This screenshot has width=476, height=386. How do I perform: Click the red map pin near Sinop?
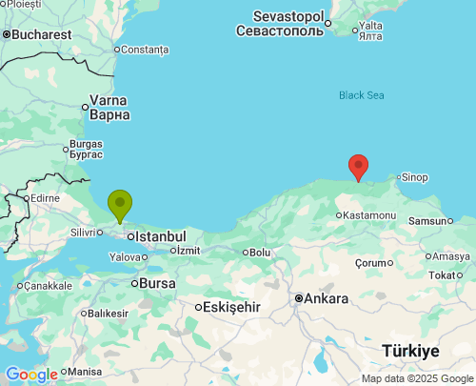coord(358,167)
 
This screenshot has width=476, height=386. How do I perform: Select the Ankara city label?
coord(327,298)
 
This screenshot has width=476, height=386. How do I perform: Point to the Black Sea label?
coord(363,94)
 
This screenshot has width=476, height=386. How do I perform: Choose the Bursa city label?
coord(157,283)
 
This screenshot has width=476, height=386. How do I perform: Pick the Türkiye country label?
coord(410,351)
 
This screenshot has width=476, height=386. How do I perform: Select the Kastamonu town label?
coord(369,215)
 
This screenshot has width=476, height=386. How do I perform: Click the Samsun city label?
coord(427,221)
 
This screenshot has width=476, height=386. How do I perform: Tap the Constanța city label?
coord(145,50)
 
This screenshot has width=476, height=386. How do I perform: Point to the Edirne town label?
coord(45,198)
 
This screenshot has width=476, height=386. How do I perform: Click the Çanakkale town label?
coord(48,285)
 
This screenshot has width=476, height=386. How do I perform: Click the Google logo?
coord(30,375)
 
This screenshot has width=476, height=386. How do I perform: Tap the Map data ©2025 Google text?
coord(416,378)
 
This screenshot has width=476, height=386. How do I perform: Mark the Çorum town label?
coord(368,262)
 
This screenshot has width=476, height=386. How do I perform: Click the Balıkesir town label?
coord(109,313)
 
